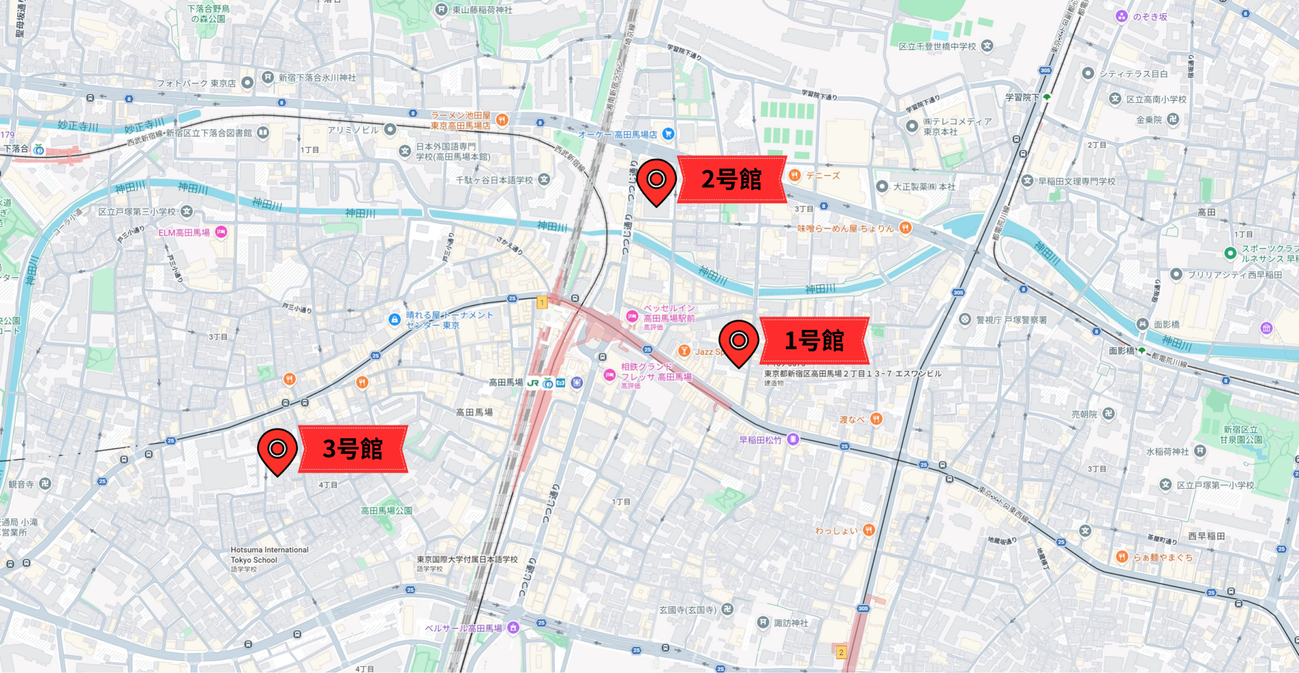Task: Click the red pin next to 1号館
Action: tap(739, 341)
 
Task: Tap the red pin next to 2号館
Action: tap(656, 180)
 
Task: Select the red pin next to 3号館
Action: tap(277, 449)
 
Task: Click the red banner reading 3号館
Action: tap(353, 449)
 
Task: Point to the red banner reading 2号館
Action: tap(731, 180)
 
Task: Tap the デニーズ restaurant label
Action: tap(823, 176)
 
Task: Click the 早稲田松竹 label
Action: tap(760, 440)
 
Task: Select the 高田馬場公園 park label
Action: tap(386, 511)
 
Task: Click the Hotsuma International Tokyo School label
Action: tap(269, 555)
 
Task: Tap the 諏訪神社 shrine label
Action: tap(791, 623)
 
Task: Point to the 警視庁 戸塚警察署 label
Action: tap(1011, 320)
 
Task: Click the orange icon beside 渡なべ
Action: tap(876, 419)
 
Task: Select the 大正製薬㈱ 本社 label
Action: tap(924, 187)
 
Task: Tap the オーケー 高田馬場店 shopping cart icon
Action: tap(668, 134)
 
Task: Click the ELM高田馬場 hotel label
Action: tap(184, 232)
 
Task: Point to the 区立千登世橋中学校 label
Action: tap(937, 46)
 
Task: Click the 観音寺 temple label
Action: tap(21, 484)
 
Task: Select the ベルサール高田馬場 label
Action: tap(463, 628)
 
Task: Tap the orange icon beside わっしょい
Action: tap(869, 530)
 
